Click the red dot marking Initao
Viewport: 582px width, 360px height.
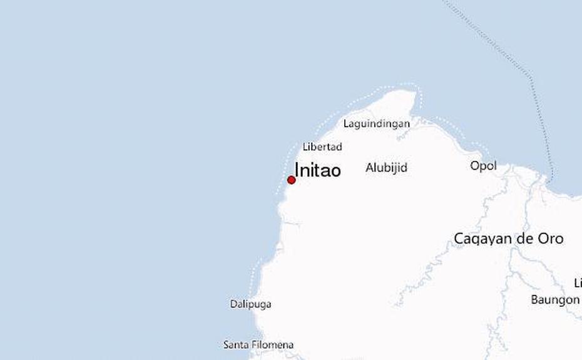tap(291, 180)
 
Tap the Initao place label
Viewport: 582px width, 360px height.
tap(317, 170)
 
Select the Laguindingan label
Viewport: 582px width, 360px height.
tap(377, 123)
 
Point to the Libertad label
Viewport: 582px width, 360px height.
tap(322, 147)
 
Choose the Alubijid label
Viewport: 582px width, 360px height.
tap(386, 167)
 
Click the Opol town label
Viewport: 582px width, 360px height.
tap(483, 166)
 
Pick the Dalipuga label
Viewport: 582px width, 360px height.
tap(250, 304)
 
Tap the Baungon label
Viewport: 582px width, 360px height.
tap(555, 300)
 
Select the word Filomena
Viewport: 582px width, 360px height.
tap(273, 345)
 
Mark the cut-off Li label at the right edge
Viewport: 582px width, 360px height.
tap(578, 282)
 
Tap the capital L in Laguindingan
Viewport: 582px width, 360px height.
tap(346, 123)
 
